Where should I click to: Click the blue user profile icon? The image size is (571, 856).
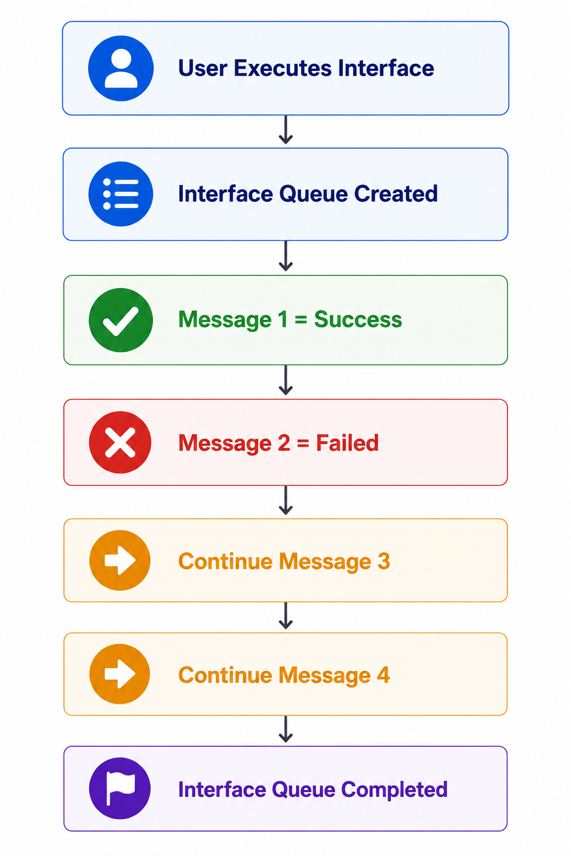(121, 69)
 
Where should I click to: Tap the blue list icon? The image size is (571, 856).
(121, 194)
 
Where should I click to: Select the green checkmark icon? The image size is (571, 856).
(121, 320)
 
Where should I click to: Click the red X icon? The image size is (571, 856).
(120, 442)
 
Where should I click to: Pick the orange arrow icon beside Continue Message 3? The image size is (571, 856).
(120, 560)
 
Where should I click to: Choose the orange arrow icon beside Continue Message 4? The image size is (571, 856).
(120, 674)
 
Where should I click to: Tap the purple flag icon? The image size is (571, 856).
(120, 788)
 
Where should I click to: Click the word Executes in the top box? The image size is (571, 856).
(283, 68)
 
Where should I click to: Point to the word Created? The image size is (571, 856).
(396, 193)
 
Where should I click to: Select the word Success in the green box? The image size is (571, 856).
(358, 319)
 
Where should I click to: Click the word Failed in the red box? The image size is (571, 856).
(347, 443)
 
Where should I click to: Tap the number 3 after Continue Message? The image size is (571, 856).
(384, 561)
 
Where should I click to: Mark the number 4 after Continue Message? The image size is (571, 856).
(383, 675)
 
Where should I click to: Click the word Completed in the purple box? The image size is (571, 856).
(394, 790)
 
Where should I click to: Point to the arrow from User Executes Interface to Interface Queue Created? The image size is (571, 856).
(285, 130)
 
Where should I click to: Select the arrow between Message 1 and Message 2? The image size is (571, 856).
(285, 380)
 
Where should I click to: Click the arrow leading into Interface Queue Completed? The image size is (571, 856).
(285, 729)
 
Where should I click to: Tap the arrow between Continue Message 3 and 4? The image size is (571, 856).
(285, 616)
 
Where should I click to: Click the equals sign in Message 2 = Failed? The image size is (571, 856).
(303, 443)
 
